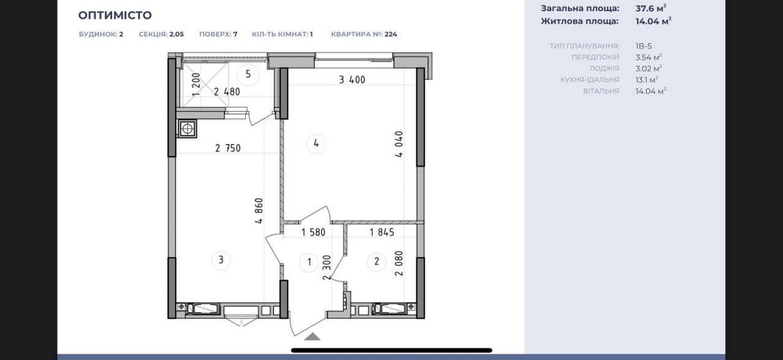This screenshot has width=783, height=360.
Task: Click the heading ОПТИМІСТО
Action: (x=115, y=15)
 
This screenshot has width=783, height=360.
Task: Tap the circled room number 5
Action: (x=248, y=75)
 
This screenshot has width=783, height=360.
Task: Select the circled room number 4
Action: (x=316, y=144)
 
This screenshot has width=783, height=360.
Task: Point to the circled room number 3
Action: (x=221, y=260)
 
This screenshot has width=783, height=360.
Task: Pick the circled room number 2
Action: (x=377, y=261)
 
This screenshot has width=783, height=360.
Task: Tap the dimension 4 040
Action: (x=399, y=145)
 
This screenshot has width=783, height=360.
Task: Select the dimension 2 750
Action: (x=228, y=148)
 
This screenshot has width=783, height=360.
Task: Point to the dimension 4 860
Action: (x=258, y=211)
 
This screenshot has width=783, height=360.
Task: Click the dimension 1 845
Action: (x=382, y=232)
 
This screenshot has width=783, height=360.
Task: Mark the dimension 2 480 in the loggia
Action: (x=227, y=92)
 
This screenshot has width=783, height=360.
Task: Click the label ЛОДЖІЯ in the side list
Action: (x=604, y=68)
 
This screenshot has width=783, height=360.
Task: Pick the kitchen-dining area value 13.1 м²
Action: (x=646, y=79)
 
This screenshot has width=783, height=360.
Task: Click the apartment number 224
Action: (x=391, y=34)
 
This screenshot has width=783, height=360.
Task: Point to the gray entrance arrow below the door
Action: (x=312, y=337)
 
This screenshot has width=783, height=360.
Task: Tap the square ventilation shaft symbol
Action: (x=187, y=128)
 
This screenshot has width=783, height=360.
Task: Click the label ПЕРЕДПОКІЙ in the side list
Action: (x=596, y=57)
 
